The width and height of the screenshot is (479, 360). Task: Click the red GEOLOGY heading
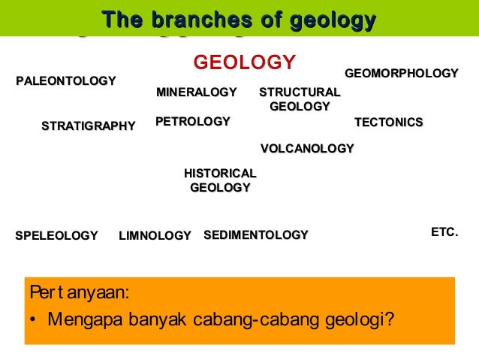[245, 62]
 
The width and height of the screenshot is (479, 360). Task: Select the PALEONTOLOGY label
[66, 80]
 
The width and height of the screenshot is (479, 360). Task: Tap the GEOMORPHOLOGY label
[401, 73]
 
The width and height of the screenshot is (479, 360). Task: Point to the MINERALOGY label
[196, 92]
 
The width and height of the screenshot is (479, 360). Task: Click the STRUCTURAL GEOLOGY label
[300, 99]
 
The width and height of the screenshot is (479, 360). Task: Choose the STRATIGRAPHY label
[88, 126]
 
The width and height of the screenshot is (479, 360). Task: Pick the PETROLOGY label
[192, 121]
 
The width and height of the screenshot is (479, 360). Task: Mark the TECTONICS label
[388, 122]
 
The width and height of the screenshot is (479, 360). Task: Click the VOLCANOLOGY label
[306, 148]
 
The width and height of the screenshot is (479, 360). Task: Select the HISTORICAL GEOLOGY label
[220, 180]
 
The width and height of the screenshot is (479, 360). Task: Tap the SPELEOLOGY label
[56, 236]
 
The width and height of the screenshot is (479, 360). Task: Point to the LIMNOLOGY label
[155, 236]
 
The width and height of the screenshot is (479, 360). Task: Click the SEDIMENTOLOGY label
[255, 235]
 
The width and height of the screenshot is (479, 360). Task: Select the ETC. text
[444, 233]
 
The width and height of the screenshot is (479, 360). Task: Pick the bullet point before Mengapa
[35, 319]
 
